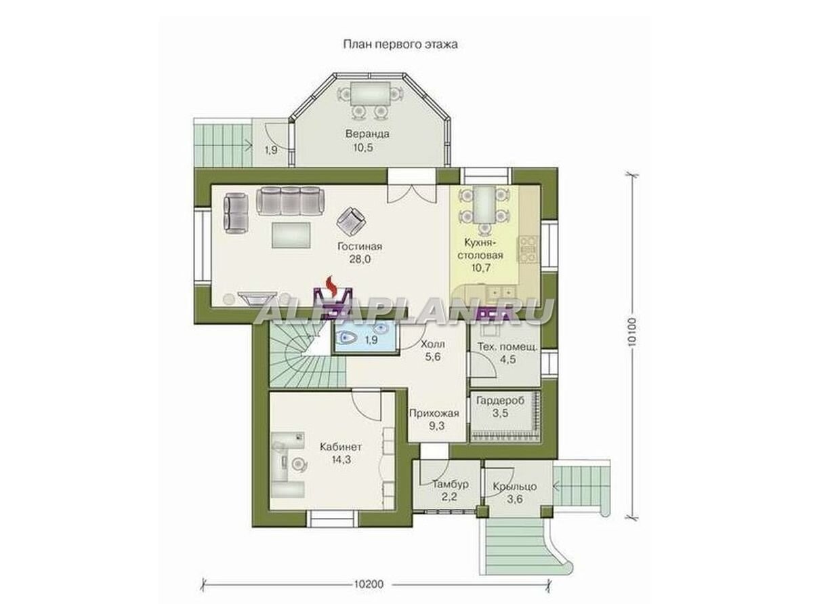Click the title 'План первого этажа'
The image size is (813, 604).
point(400,45)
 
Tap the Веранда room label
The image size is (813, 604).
point(367,134)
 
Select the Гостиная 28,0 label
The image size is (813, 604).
point(360,253)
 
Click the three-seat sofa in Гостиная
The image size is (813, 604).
point(291,201)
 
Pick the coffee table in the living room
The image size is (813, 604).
point(291,235)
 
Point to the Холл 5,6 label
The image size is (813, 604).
point(432,350)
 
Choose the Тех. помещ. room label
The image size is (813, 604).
point(507,346)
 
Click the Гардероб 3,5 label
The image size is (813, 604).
point(501,407)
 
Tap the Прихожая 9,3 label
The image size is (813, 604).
point(434,420)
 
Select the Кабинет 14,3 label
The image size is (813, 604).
point(341,454)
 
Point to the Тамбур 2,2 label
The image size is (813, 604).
point(450,491)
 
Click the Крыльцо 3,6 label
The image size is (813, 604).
point(515,493)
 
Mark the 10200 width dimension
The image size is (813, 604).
point(369,584)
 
